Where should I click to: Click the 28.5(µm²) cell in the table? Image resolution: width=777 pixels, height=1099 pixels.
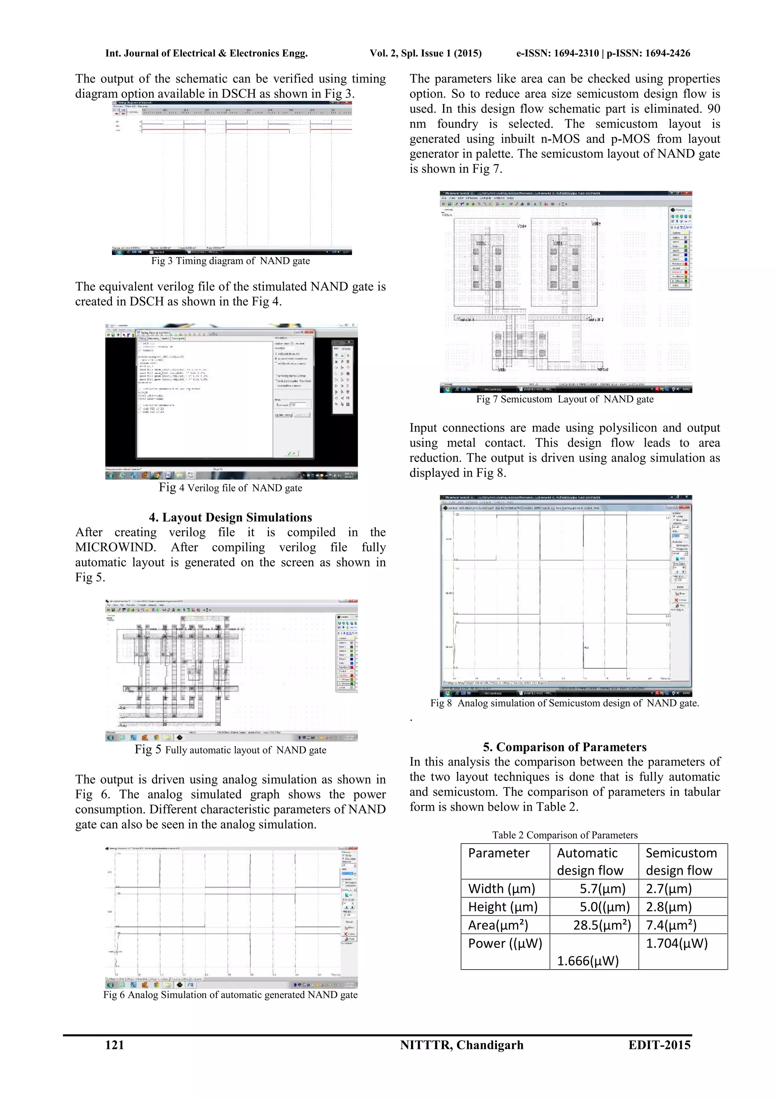[602, 925]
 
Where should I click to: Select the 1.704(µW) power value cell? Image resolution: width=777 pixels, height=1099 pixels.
[676, 943]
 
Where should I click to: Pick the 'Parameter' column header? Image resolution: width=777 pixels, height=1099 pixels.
[499, 853]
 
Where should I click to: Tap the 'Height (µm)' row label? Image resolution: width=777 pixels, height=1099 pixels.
[502, 907]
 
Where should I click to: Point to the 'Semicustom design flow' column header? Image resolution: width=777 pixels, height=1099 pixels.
[681, 861]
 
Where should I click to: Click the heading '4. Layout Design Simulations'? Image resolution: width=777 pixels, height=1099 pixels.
[230, 517]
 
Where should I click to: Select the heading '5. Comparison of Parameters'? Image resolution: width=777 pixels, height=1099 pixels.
[565, 747]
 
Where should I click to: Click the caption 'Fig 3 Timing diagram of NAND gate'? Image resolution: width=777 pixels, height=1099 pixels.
[230, 261]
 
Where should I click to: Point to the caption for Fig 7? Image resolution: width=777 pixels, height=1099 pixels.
[565, 399]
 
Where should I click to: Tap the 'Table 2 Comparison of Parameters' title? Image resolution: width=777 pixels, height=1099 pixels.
[565, 835]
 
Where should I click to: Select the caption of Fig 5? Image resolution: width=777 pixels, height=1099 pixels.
[230, 750]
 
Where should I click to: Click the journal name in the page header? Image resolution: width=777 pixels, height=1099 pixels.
[206, 53]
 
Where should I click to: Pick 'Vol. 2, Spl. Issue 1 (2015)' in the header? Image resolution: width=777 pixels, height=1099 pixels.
[425, 53]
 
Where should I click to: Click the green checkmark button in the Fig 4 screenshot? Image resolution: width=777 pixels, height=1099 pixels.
[291, 453]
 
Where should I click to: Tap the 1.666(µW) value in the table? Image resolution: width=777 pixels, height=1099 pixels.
[588, 960]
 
